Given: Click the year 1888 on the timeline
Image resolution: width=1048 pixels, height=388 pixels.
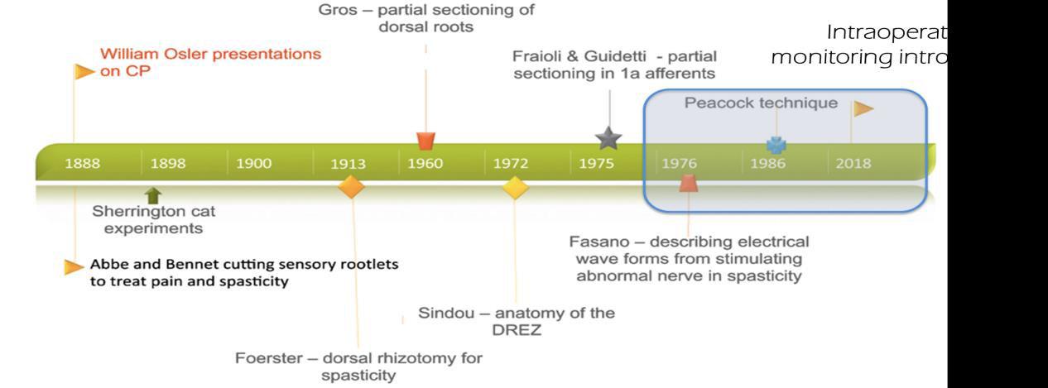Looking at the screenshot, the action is (83, 163).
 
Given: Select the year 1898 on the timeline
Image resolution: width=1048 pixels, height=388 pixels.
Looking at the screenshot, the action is (168, 163).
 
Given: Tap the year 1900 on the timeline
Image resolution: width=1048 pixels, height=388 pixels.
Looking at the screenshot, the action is (253, 163).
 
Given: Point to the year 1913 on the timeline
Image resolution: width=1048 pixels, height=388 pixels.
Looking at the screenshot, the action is (348, 163).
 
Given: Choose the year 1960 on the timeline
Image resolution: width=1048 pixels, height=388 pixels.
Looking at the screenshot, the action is (425, 163).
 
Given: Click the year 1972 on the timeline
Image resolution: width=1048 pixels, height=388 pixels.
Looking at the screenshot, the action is (511, 163).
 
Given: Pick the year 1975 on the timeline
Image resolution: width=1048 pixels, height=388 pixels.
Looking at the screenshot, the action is (596, 163).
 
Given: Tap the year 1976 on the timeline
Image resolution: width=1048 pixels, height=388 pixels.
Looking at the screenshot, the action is (679, 163).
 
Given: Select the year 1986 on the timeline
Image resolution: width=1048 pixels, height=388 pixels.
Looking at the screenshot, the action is (767, 163).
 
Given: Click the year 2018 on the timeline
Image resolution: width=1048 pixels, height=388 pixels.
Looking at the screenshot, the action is (853, 163).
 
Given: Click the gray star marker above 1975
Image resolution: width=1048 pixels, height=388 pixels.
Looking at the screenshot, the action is (608, 138).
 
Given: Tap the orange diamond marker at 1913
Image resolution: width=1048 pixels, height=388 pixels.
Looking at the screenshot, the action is (351, 187).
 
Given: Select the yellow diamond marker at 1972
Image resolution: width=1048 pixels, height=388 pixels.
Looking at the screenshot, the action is (515, 187).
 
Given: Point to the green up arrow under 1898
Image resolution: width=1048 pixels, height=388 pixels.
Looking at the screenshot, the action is (153, 195).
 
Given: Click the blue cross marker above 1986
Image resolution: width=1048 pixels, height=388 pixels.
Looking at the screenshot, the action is (776, 145).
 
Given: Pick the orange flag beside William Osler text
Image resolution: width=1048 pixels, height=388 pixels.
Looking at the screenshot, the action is (84, 72).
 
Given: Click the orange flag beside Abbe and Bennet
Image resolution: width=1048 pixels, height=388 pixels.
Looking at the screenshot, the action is (75, 266).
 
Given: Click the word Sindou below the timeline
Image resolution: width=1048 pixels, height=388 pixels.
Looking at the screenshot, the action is (444, 313).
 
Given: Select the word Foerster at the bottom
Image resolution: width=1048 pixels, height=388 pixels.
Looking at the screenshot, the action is (267, 358).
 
